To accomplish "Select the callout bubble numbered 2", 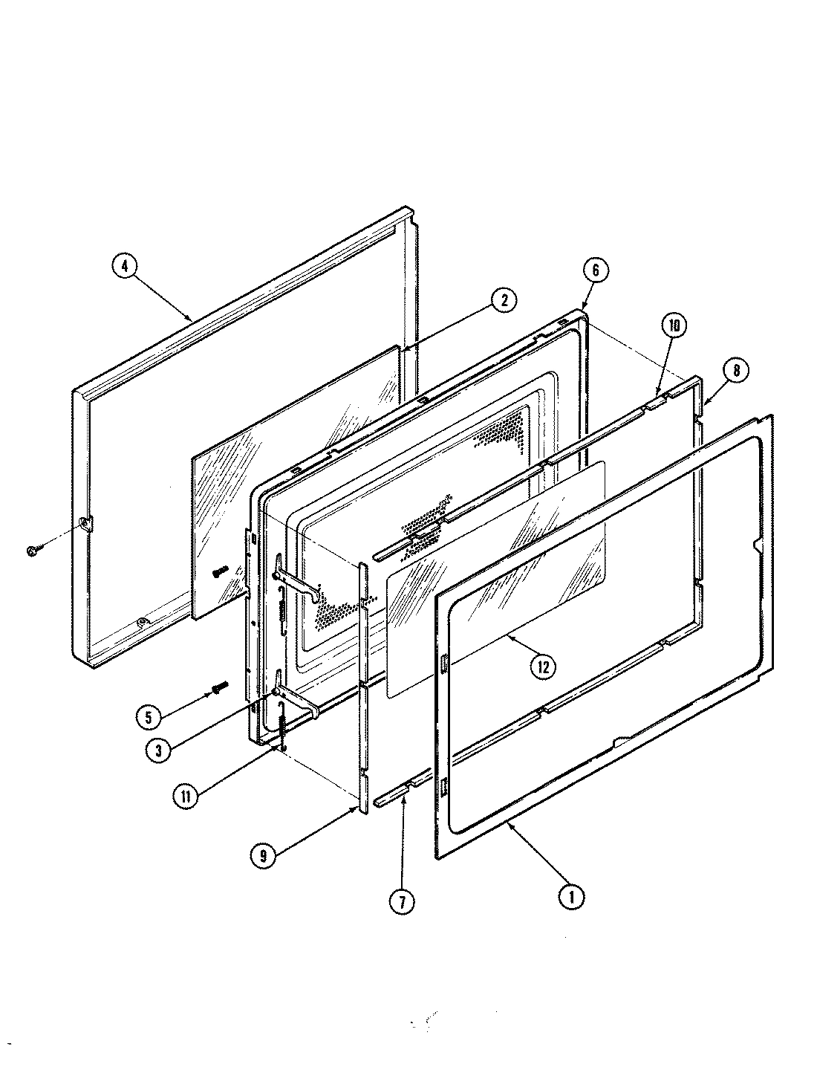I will click(504, 299).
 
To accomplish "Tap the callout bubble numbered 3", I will click(159, 750).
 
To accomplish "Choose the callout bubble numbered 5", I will click(149, 717).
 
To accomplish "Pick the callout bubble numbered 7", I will click(401, 901).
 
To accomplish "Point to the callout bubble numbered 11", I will click(185, 797).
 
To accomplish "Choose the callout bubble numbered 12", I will click(542, 667).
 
